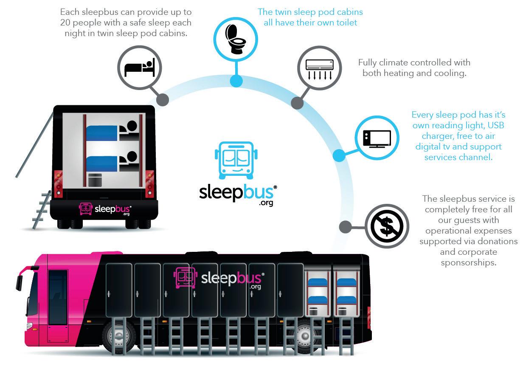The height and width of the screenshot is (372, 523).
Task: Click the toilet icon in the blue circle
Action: point(236,39)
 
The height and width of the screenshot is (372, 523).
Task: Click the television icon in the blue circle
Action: point(377,138)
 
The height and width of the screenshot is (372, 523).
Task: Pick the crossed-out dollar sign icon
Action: point(387,226)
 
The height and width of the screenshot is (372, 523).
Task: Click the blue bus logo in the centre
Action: point(236,161)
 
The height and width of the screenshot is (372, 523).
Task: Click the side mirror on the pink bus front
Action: point(19,282)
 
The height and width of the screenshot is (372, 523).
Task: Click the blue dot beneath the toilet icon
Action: point(236,81)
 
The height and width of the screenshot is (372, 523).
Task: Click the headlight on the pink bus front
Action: point(29,327)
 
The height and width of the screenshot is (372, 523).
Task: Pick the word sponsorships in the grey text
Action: point(468,262)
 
